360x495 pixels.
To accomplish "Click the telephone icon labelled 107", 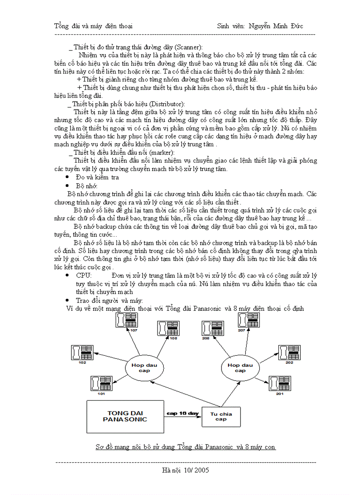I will click(126, 320).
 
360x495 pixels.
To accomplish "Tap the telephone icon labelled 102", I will click(81, 353).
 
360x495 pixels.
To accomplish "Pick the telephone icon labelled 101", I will click(101, 383).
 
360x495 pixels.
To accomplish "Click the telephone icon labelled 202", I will click(289, 353).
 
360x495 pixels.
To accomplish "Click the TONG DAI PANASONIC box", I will click(125, 416).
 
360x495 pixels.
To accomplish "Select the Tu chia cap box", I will click(221, 416).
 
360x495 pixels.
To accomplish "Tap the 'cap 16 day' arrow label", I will click(182, 413).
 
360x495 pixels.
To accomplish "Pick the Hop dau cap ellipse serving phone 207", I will click(240, 368).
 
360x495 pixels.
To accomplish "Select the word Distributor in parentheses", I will click(172, 104).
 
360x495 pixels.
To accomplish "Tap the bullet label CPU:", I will click(84, 275).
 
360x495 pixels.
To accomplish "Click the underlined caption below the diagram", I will click(185, 447).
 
